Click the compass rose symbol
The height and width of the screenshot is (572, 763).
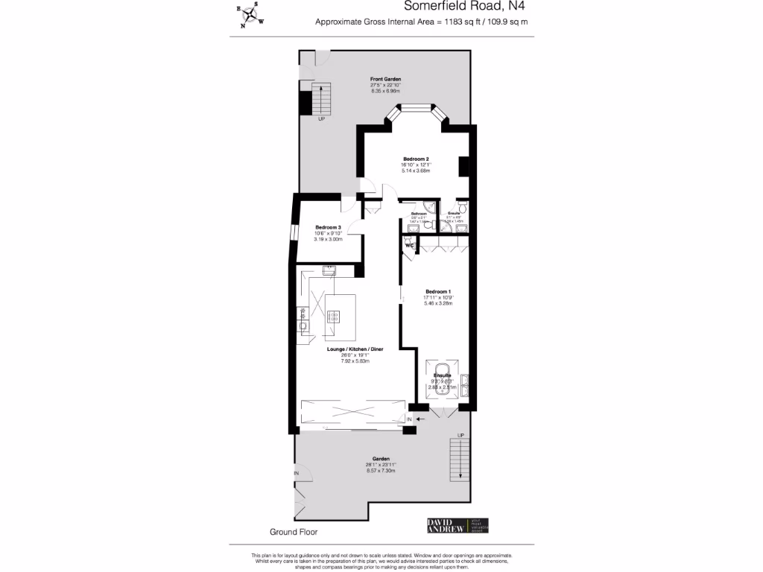coord(251,15)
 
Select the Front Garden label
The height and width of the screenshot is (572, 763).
coord(386,78)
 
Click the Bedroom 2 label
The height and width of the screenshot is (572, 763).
coord(416,159)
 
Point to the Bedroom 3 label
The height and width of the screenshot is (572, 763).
coord(328,227)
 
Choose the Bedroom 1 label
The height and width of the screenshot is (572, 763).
coord(438,291)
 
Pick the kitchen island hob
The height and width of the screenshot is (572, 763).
coord(334,316)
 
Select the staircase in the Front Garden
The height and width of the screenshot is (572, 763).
coord(320,99)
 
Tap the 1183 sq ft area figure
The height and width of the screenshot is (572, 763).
coord(462,22)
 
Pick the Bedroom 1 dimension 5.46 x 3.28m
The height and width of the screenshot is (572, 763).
coord(438,303)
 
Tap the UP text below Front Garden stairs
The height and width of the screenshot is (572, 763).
coord(321,119)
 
